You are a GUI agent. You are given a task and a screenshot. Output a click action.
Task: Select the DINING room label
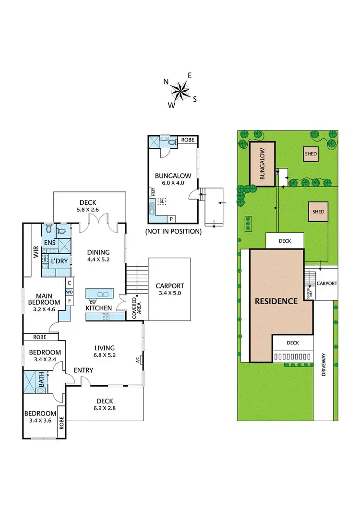tap(98, 252)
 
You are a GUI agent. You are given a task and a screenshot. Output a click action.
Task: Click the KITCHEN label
tap(99, 308)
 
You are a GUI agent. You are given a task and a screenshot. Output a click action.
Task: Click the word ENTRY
tap(83, 370)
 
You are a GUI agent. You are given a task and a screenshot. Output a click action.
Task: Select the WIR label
tap(36, 253)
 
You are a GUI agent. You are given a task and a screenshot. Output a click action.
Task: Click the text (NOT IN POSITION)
tap(173, 231)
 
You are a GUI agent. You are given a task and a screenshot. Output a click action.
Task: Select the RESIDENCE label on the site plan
tap(276, 301)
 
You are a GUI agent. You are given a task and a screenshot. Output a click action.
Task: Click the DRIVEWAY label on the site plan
tap(324, 365)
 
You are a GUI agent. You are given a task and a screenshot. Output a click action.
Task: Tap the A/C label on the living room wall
tap(137, 360)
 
